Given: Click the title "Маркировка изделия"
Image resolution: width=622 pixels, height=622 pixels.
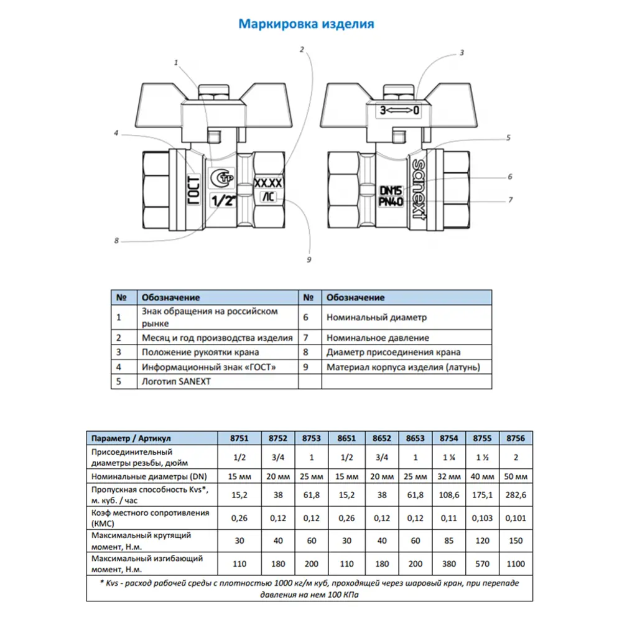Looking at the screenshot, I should [307, 24].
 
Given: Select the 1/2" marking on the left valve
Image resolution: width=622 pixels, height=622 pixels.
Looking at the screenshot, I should [223, 200].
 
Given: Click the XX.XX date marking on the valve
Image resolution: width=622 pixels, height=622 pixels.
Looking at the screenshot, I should [269, 184].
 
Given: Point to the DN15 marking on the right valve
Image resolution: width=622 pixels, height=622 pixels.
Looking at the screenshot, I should [391, 189].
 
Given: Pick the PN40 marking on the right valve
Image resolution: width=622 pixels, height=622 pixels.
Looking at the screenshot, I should [391, 202].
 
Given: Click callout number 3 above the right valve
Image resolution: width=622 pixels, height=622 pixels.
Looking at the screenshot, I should [462, 53].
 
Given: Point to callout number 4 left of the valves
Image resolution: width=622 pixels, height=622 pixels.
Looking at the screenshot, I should [116, 132].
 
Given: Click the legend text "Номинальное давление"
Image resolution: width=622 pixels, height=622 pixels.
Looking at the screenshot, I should [377, 338].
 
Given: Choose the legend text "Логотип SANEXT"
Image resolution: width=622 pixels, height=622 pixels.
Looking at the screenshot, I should [177, 381].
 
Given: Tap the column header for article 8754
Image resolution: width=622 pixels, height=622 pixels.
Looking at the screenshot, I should [449, 438].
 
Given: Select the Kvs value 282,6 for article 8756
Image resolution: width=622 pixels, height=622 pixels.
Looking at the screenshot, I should [516, 495].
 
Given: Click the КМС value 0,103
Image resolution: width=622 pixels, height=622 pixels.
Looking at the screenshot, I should [483, 518].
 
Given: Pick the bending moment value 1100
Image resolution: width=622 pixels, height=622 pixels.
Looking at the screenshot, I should [516, 564].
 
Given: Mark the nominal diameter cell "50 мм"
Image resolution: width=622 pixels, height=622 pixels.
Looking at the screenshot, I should [516, 476].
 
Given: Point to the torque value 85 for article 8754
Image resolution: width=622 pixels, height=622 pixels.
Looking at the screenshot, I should [449, 541].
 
